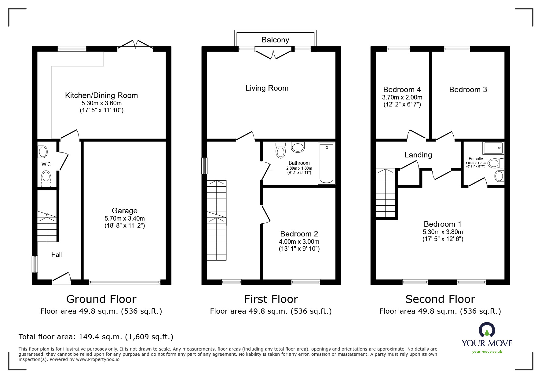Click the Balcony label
[275, 40]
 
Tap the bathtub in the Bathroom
[327, 163]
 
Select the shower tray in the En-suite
[493, 148]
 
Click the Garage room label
[125, 211]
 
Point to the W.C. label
[47, 164]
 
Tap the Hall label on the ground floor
[57, 255]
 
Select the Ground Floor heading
[101, 299]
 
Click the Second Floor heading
[440, 299]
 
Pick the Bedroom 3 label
[468, 89]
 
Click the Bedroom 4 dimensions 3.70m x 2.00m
[402, 98]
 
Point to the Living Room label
[267, 88]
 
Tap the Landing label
[418, 155]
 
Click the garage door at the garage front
[125, 283]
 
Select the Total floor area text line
[96, 337]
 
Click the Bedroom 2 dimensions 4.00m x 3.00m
[299, 242]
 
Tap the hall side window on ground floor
[35, 264]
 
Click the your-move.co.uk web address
[487, 352]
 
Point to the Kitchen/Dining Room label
[101, 95]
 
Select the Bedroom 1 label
[443, 224]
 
